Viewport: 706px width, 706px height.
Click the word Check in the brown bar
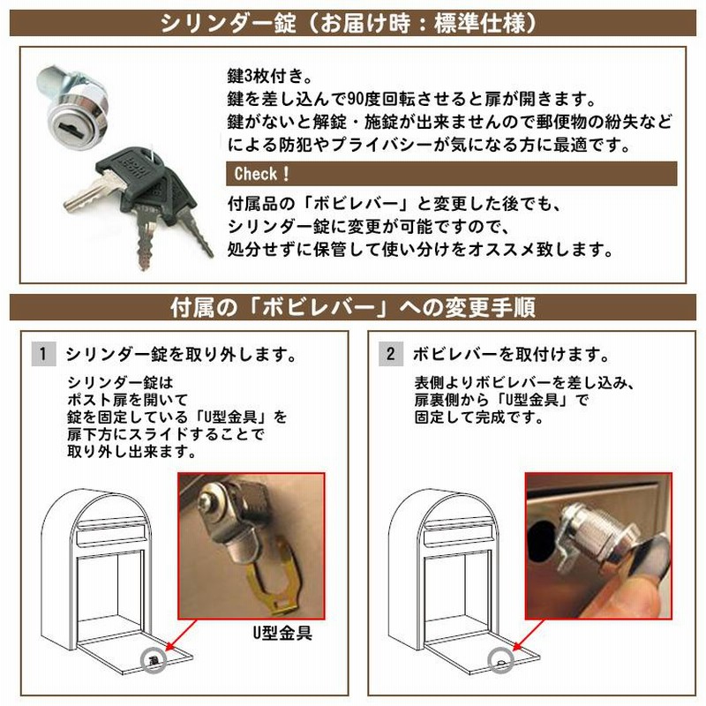[x=255, y=174]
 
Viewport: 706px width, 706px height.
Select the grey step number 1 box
[x=43, y=354]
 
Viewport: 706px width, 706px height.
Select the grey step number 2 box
[x=390, y=354]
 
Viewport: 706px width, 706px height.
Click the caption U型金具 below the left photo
[x=282, y=633]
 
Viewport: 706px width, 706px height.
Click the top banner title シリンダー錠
[x=229, y=24]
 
